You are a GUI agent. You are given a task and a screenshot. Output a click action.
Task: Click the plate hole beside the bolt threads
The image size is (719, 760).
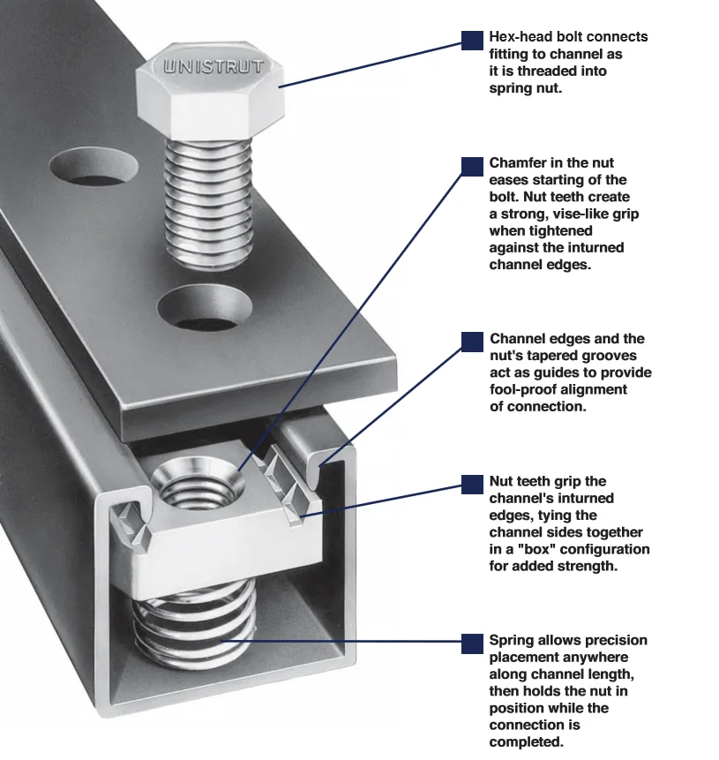(94, 167)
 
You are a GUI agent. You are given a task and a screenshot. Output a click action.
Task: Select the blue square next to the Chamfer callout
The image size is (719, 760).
(473, 166)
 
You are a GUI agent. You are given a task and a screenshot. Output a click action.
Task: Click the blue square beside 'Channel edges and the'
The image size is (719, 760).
(473, 342)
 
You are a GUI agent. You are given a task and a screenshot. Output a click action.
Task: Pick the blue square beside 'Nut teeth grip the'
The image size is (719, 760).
(473, 484)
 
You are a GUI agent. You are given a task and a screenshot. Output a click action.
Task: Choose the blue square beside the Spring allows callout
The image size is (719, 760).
(473, 643)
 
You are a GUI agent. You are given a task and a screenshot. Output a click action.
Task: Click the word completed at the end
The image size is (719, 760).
(526, 741)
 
